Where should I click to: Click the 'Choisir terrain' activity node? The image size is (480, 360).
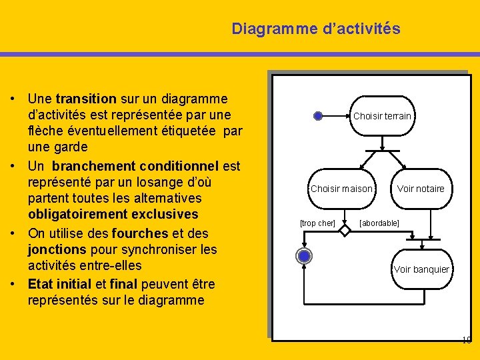point(382,116)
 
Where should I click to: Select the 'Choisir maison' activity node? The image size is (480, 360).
point(342,189)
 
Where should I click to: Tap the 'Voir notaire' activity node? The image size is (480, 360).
point(421,189)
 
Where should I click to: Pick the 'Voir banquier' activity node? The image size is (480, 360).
point(421,269)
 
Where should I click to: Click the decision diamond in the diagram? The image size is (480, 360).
point(345,231)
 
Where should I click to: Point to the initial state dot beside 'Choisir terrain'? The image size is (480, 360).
point(318,116)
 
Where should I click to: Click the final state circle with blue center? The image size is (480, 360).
point(304,256)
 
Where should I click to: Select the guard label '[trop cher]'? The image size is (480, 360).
point(317,223)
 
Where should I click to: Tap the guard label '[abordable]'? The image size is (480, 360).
point(379,223)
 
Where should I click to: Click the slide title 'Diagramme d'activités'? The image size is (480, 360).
point(316,29)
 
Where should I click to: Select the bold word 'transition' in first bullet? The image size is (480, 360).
point(88,99)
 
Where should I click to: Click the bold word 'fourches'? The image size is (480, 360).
point(141,233)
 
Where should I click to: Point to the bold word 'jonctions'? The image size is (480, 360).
point(56,249)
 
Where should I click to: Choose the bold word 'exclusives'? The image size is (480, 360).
point(160,214)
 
